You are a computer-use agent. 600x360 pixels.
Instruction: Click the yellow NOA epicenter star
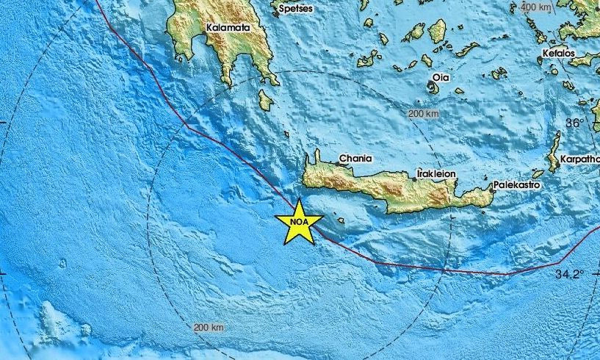(x=300, y=221)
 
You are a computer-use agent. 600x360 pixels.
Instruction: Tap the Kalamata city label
(x=228, y=28)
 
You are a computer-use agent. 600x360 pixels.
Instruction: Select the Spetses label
(x=295, y=8)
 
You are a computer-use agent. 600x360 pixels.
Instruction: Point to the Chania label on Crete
(x=355, y=158)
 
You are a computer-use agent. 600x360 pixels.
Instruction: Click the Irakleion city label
(x=436, y=173)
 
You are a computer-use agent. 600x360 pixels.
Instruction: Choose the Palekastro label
(x=516, y=185)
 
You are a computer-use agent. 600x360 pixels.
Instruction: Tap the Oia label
(x=441, y=77)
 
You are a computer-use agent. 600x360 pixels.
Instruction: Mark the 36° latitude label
(x=574, y=123)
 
